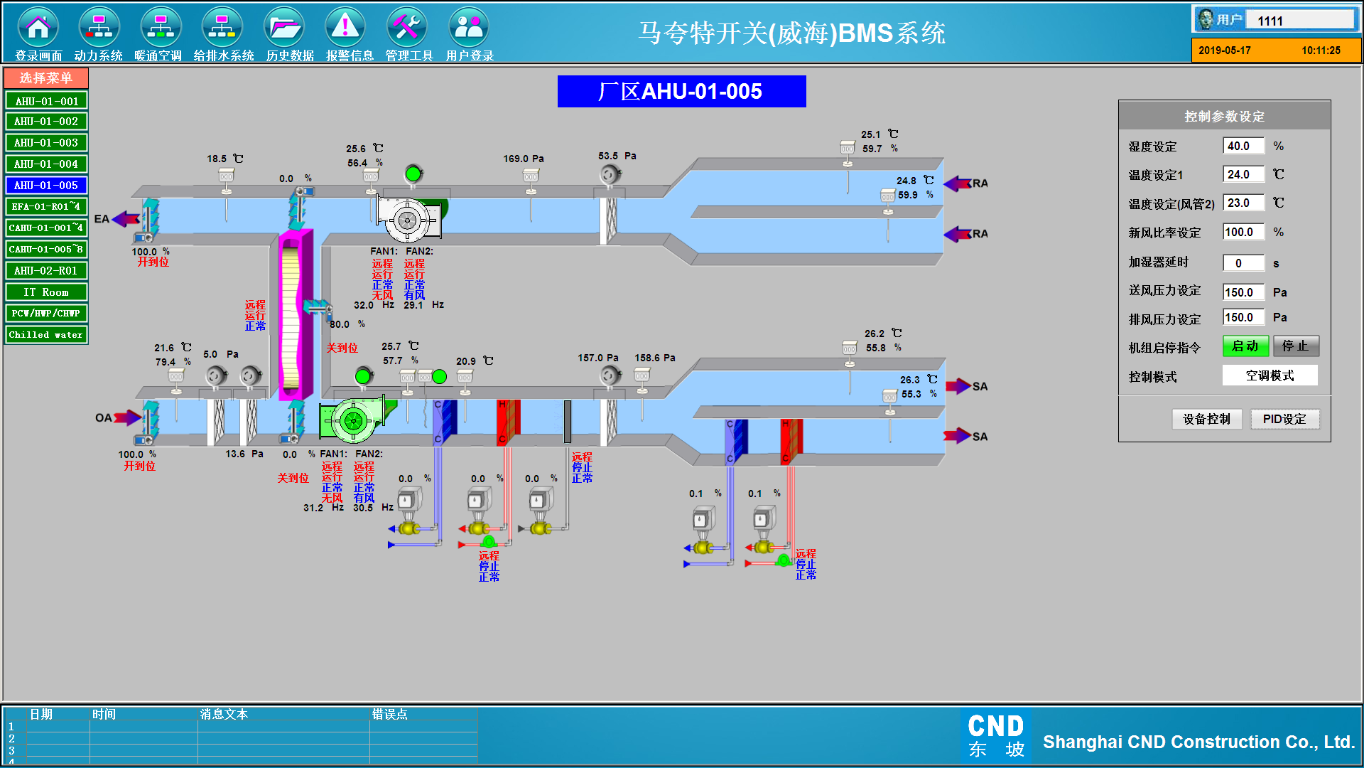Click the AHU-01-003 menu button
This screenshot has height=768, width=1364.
46,143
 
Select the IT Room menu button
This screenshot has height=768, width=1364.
46,292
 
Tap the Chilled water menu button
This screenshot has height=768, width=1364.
46,335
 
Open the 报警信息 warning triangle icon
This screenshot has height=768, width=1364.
345,27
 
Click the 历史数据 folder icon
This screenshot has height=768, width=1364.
284,27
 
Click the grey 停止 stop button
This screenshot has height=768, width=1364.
1296,346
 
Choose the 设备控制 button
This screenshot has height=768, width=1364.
1206,420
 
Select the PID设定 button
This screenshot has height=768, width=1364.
1284,420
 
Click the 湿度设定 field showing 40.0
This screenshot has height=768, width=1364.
1243,146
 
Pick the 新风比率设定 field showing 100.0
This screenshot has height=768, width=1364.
1243,232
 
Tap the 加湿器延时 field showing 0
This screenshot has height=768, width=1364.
1243,263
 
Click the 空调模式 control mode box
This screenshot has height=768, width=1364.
1270,375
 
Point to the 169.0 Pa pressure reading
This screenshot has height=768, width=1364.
524,159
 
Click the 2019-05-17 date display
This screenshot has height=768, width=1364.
1225,50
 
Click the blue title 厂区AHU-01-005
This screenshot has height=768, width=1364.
681,91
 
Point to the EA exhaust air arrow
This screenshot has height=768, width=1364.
126,219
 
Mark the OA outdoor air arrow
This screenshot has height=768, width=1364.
127,417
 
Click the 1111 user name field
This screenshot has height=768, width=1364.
1300,21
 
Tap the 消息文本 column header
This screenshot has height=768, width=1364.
224,714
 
